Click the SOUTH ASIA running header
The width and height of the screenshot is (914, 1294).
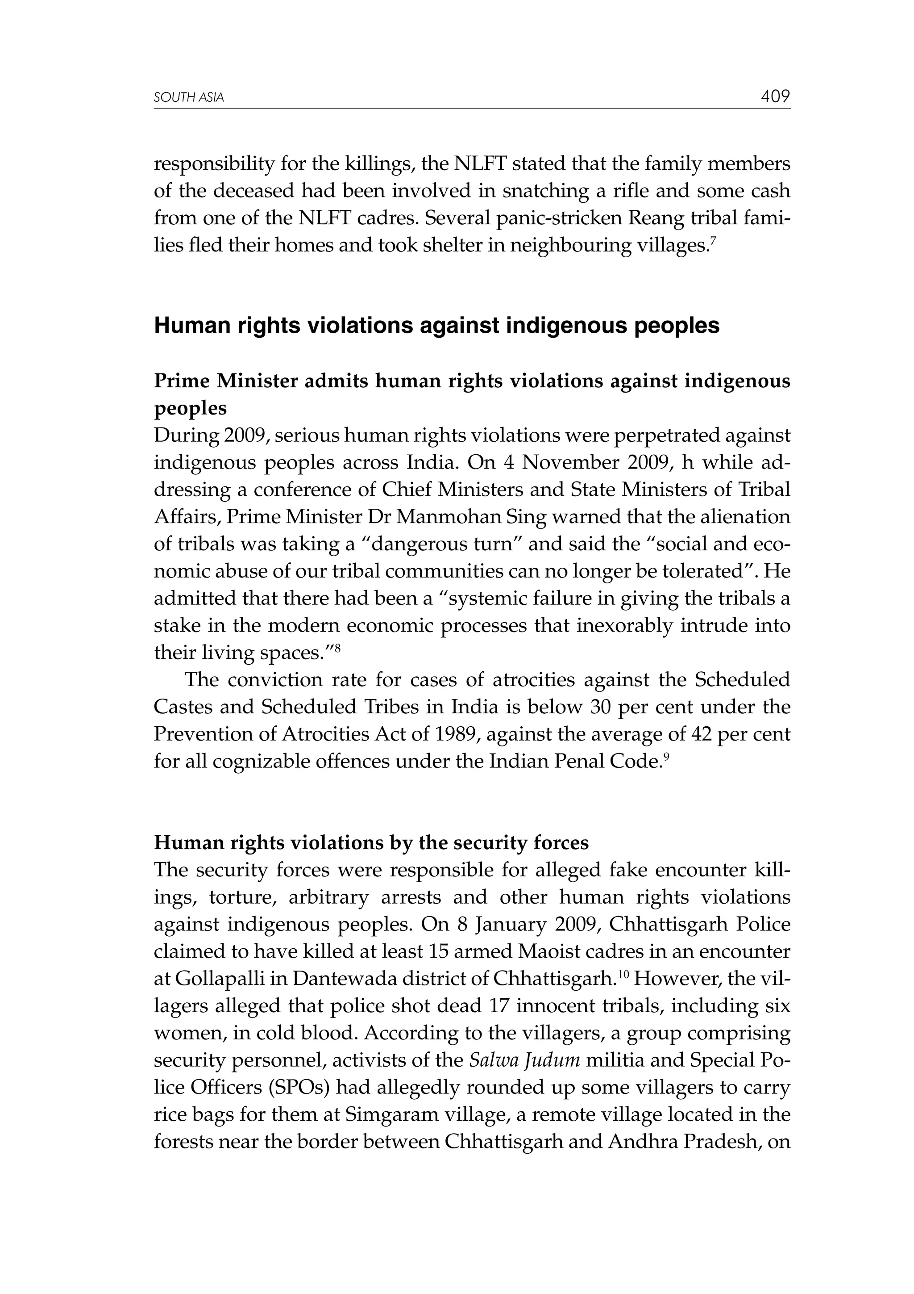189,98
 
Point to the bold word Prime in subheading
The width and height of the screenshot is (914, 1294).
182,381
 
